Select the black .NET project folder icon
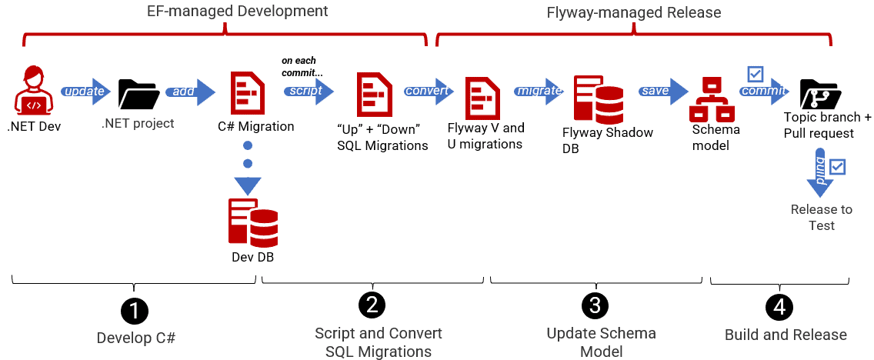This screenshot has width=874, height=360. pos(138,94)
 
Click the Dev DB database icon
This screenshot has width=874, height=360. pos(252,222)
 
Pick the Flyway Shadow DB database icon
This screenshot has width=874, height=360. pos(598,98)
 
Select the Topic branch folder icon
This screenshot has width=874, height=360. pos(820,94)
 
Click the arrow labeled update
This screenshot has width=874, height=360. pos(85,92)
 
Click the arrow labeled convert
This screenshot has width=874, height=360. pos(429,90)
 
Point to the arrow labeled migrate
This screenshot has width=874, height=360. pos(540,91)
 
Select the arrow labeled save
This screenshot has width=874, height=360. pos(660,91)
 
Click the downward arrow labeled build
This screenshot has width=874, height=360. pos(819,172)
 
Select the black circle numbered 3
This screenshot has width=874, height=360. pos(594,305)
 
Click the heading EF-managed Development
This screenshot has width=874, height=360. pos(226,11)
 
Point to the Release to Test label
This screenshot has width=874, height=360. pos(821,217)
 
